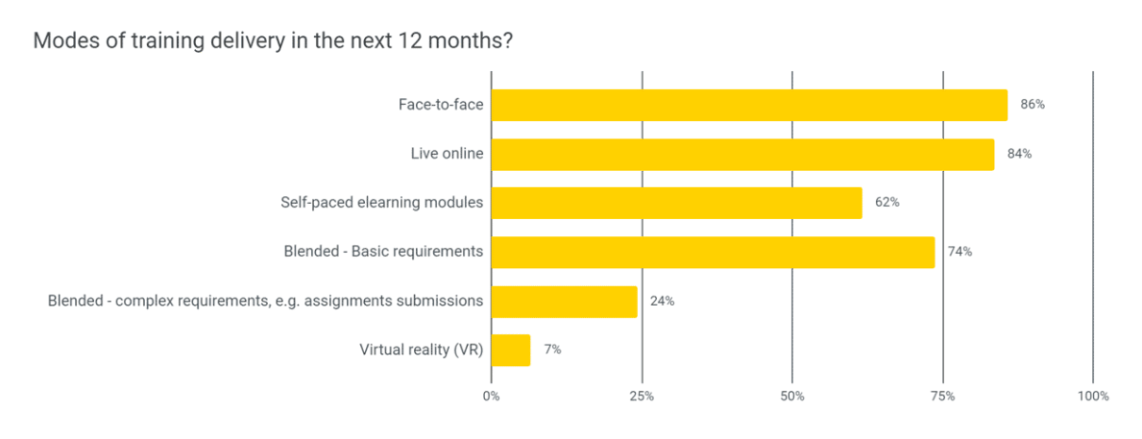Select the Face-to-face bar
[x=749, y=105]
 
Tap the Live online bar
[x=742, y=154]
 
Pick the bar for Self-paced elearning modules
[x=676, y=203]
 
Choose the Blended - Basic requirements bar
[x=713, y=252]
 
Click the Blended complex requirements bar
[x=564, y=301]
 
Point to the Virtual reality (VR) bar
[x=510, y=350]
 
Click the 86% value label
[x=1033, y=105]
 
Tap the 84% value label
[x=1019, y=154]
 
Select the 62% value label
[x=887, y=203]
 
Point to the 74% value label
[x=960, y=252]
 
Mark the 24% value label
[x=662, y=301]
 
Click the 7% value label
[x=552, y=350]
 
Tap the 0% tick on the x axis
[x=491, y=396]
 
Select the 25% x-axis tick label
[x=642, y=396]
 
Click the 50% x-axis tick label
[x=792, y=396]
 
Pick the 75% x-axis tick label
[x=943, y=396]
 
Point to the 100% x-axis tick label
[x=1093, y=396]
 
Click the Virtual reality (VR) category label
[x=421, y=350]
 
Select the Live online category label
[x=447, y=154]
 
